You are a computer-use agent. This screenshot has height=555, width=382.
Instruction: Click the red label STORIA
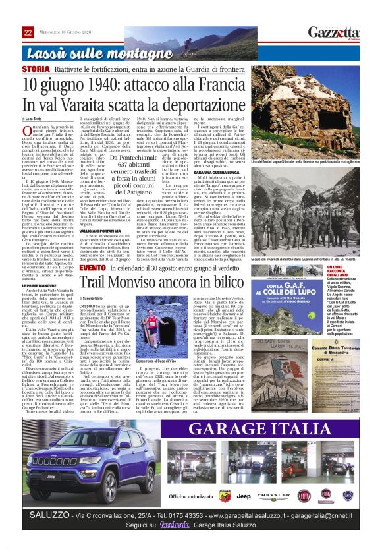tap(36, 69)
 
